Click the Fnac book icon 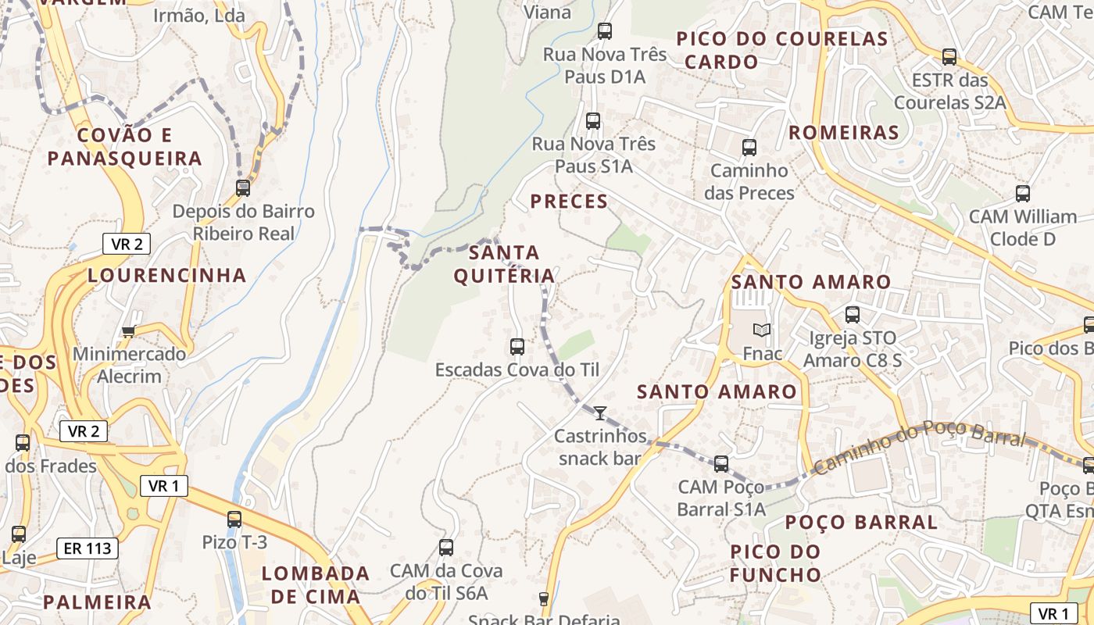(x=762, y=330)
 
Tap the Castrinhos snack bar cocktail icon (x=600, y=413)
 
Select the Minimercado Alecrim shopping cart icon (x=129, y=331)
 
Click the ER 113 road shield (x=88, y=548)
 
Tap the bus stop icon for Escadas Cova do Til (x=517, y=346)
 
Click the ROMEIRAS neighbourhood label (x=843, y=133)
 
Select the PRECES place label (x=569, y=202)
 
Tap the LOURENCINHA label (x=167, y=275)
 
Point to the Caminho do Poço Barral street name (x=918, y=446)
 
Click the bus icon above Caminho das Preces (x=749, y=147)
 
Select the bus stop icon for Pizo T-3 (x=234, y=519)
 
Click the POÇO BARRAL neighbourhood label (x=860, y=522)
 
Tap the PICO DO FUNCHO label (x=775, y=563)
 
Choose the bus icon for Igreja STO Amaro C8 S (x=852, y=315)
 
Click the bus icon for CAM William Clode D (x=1022, y=193)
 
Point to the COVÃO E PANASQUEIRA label (x=124, y=147)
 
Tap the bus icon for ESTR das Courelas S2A (x=949, y=56)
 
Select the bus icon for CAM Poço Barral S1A (x=721, y=463)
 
